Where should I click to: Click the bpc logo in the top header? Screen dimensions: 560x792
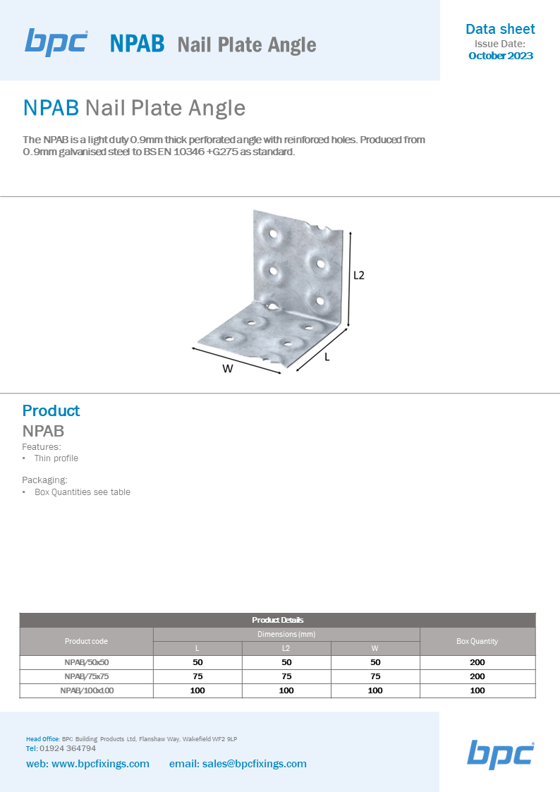click(x=56, y=42)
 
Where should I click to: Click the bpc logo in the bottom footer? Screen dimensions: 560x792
click(x=501, y=754)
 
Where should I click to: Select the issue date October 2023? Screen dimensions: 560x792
click(x=501, y=56)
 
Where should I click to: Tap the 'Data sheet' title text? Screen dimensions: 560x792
click(x=500, y=30)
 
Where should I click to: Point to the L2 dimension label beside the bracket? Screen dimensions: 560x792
click(x=358, y=275)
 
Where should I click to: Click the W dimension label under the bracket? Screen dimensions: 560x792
click(x=228, y=369)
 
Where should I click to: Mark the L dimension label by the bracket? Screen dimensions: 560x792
click(x=327, y=357)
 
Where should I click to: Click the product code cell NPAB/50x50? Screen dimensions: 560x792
click(x=86, y=662)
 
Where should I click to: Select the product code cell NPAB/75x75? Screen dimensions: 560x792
click(x=86, y=676)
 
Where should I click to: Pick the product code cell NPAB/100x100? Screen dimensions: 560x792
click(x=86, y=690)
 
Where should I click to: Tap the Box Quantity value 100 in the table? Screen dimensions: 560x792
click(x=477, y=690)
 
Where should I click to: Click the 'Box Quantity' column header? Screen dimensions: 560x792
click(x=477, y=641)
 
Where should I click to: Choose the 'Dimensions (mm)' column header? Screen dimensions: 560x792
click(x=286, y=634)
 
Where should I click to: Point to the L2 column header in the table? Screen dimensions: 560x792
click(x=286, y=648)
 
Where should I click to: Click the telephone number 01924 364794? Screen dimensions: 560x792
click(x=68, y=748)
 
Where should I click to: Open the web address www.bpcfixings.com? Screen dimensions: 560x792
click(x=100, y=764)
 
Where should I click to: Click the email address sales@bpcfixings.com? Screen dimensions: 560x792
click(x=254, y=764)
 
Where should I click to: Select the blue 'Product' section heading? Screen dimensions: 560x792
click(x=51, y=410)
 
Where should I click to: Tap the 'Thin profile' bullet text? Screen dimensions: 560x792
click(x=56, y=458)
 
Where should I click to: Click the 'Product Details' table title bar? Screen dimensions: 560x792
click(x=278, y=620)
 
